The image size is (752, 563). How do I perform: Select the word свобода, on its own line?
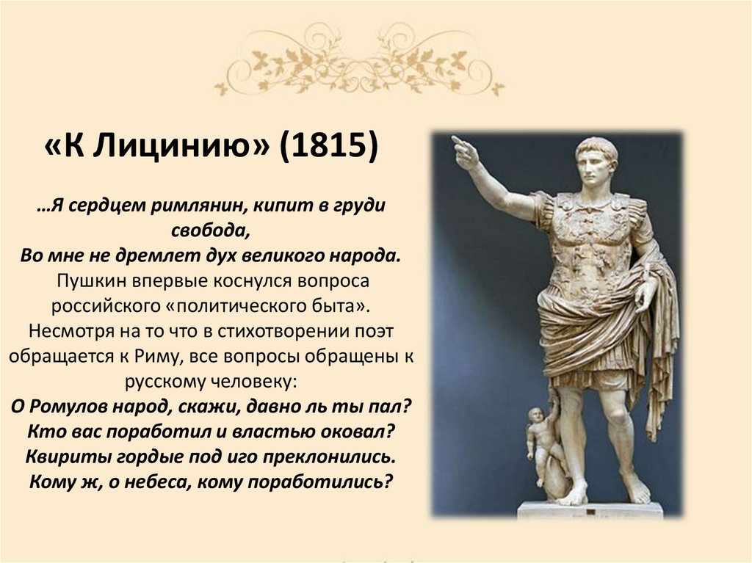click(212, 229)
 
